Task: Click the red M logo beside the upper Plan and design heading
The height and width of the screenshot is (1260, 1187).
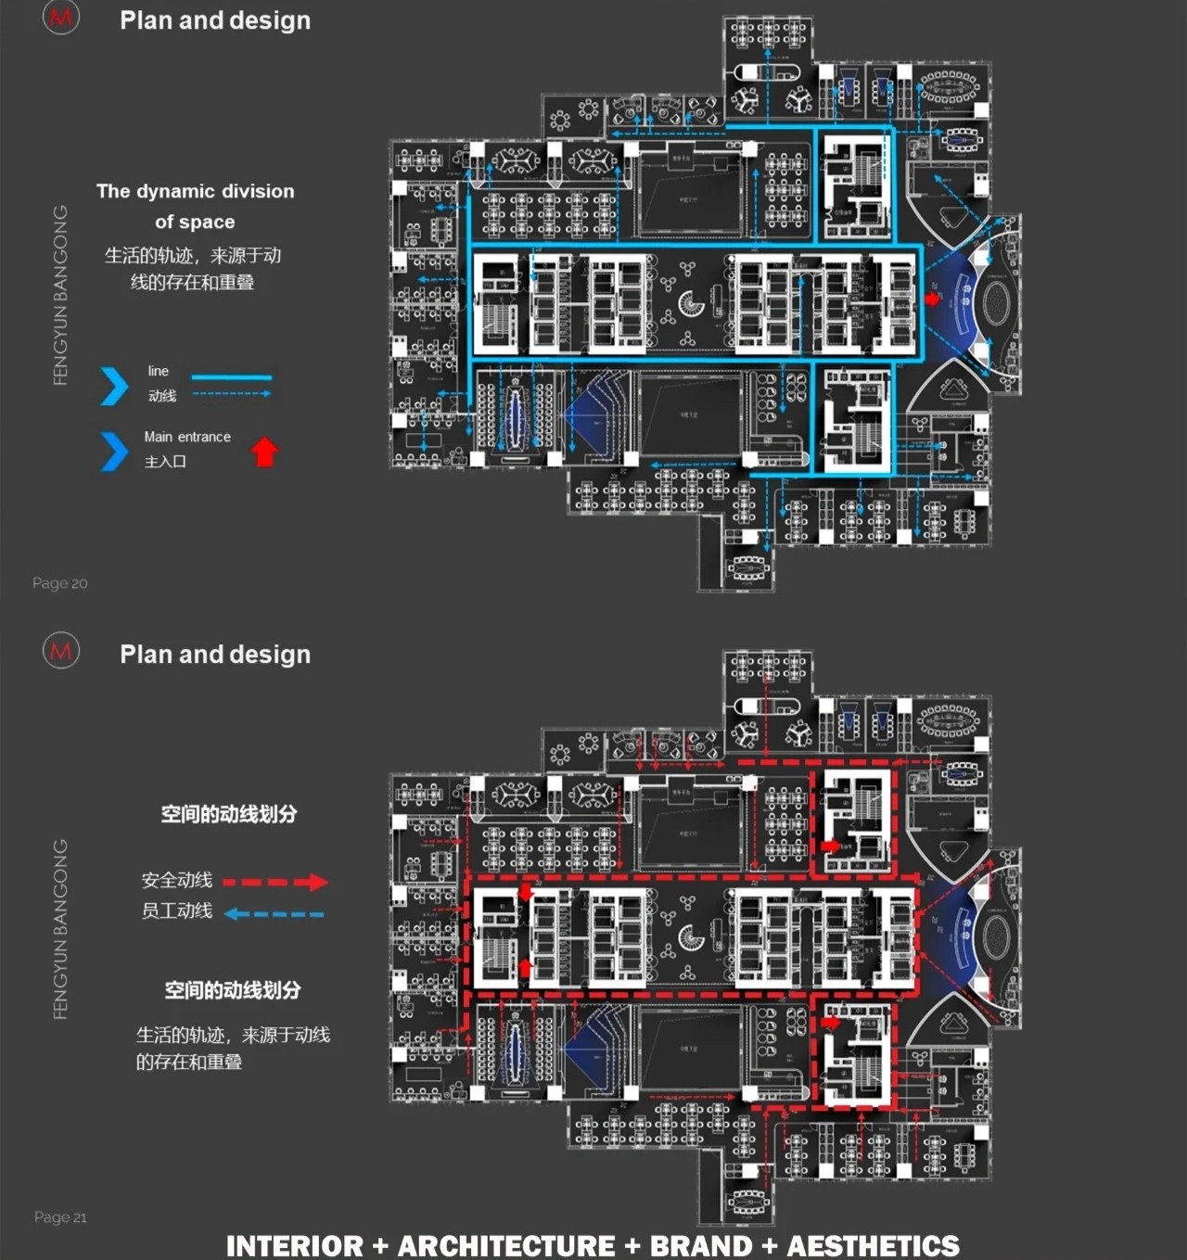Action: pos(61,17)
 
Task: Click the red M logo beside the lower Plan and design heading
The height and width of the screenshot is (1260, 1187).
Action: pos(61,651)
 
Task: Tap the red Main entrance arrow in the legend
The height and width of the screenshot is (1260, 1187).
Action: pos(265,452)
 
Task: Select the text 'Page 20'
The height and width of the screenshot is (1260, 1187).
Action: pos(59,583)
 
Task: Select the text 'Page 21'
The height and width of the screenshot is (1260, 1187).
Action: pos(60,1217)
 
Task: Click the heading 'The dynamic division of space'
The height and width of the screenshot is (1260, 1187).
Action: pos(195,206)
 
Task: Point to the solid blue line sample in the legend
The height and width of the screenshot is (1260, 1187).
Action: pos(231,377)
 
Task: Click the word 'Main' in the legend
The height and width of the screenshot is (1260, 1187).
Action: pos(158,437)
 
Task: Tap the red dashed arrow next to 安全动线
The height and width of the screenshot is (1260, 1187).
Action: pos(275,882)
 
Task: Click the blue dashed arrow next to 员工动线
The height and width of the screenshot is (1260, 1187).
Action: pos(274,914)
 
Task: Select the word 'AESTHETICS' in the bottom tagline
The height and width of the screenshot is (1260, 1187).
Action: pos(874,1246)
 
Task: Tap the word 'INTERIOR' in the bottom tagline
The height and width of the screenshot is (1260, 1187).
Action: pos(295,1246)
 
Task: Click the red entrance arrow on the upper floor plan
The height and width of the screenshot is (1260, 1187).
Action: pos(932,299)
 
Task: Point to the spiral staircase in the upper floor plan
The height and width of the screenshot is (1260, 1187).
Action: pos(691,303)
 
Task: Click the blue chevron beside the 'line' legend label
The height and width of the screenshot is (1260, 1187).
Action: pos(114,386)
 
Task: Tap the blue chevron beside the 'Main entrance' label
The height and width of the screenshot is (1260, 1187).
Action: pos(114,452)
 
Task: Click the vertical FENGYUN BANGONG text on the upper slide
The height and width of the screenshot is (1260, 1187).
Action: pos(61,295)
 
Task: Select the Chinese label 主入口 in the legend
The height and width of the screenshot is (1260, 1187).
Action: pos(165,462)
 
